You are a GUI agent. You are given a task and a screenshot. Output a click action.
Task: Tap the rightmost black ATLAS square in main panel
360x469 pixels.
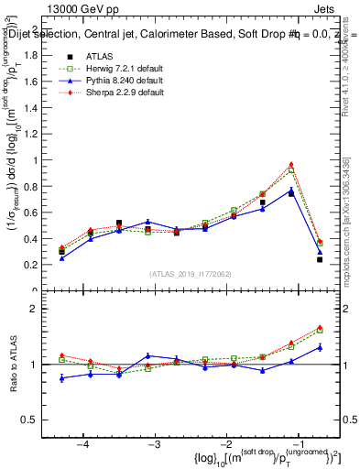[x=320, y=259]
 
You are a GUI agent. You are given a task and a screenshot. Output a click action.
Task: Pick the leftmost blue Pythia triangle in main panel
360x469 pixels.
[x=62, y=258]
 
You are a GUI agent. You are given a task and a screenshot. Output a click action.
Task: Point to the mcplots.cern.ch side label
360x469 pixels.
[x=351, y=237]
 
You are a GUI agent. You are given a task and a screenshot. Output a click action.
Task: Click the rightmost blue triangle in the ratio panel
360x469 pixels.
[x=320, y=347]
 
